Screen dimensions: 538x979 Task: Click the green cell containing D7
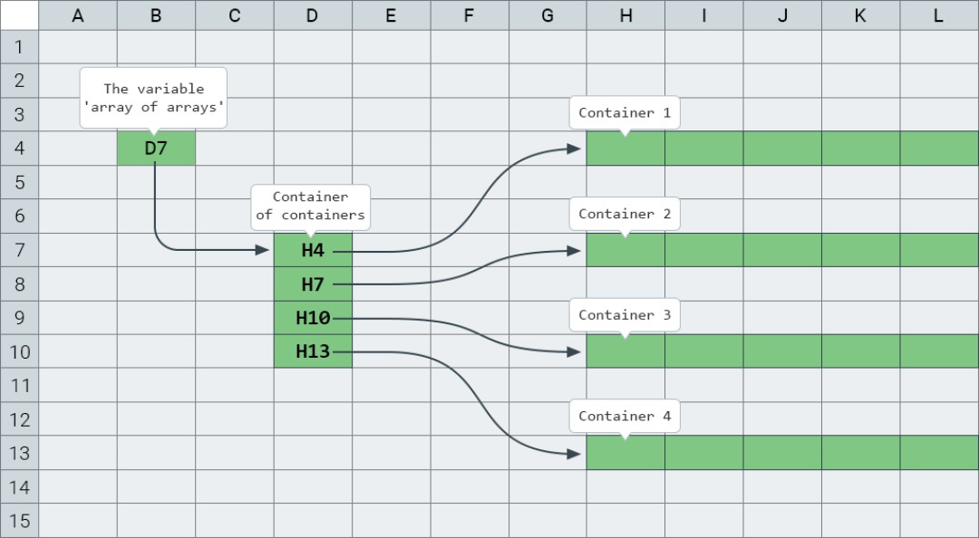[x=156, y=148]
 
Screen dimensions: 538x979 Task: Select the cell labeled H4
[x=313, y=250]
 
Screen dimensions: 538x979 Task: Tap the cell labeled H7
[x=313, y=284]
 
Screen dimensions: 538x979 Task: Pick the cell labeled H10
[x=313, y=318]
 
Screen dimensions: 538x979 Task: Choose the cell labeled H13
[x=313, y=351]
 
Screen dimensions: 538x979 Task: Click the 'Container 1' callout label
[x=625, y=113]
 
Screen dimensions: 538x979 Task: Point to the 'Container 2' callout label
[x=625, y=215]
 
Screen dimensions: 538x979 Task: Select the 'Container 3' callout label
[x=625, y=315]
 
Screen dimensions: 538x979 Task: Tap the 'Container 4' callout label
[x=625, y=417]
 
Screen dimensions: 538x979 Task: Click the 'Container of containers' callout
[x=310, y=206]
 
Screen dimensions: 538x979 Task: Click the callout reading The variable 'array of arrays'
[x=153, y=98]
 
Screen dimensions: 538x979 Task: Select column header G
[x=547, y=15]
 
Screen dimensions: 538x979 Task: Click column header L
[x=938, y=15]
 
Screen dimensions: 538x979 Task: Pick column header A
[x=78, y=15]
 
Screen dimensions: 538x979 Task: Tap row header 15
[x=19, y=522]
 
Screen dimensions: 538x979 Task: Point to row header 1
[x=19, y=46]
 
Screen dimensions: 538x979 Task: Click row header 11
[x=19, y=386]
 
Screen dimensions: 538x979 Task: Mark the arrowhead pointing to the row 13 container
[x=574, y=453]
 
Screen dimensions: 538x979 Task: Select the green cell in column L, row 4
[x=939, y=148]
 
